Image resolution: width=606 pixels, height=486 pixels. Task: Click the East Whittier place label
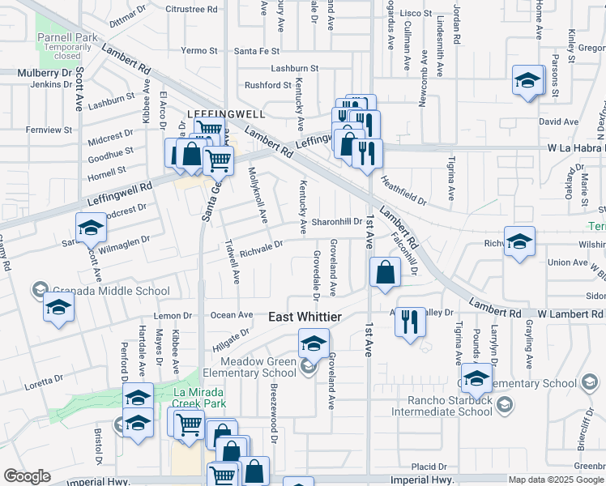tap(305, 318)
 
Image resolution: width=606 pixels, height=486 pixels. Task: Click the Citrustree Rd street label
tap(191, 10)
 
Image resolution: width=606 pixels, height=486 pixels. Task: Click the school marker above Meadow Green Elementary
tap(314, 343)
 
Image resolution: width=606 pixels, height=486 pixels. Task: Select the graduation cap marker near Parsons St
tap(527, 80)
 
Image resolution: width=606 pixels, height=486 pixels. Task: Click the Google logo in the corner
tap(28, 476)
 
